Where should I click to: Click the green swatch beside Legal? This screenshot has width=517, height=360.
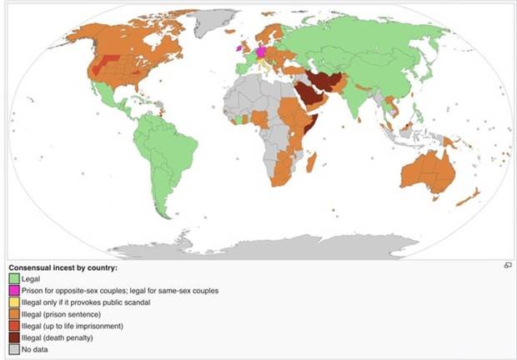(14, 279)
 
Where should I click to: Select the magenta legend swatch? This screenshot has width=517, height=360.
(14, 291)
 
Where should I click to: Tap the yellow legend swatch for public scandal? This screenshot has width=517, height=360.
(14, 302)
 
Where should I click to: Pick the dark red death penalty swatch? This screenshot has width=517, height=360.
(14, 337)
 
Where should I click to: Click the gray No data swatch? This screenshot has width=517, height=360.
(14, 349)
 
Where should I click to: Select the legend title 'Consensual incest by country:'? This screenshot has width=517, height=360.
(63, 267)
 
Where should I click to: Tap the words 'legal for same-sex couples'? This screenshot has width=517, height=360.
(171, 291)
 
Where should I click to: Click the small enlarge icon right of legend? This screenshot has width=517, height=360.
(507, 265)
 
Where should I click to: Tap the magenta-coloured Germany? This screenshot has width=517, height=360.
(259, 52)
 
